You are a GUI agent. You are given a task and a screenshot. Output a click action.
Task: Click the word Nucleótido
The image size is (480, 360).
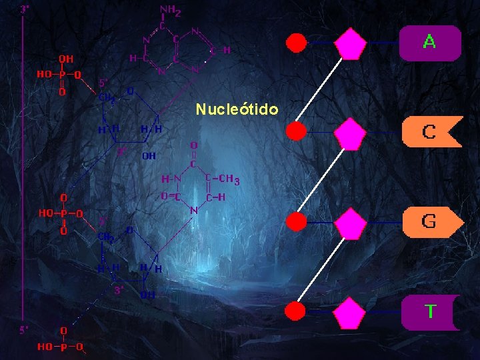point(237,109)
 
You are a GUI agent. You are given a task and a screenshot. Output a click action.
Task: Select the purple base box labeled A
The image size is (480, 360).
point(429,43)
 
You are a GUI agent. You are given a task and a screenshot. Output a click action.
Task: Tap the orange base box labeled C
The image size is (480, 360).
point(431,131)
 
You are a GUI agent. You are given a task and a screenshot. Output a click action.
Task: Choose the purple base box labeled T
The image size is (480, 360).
point(429,311)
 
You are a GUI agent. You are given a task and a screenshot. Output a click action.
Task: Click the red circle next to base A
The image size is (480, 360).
point(296,43)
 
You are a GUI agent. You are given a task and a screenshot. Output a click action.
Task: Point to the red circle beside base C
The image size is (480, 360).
point(296,131)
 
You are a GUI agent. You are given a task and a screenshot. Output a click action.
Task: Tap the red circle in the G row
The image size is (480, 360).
point(296,222)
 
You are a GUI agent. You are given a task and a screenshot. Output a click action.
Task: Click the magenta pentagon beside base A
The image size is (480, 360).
point(350,45)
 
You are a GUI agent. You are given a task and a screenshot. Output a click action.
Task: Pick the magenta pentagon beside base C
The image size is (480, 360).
point(350,134)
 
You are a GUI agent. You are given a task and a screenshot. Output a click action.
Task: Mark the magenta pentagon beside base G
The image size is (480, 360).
point(350,224)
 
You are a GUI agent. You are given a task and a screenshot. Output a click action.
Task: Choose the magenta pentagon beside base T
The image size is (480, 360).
point(350,314)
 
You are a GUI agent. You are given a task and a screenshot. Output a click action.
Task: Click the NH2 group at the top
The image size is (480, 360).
point(170,11)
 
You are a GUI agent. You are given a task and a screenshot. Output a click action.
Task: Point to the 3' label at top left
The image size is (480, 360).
point(25,9)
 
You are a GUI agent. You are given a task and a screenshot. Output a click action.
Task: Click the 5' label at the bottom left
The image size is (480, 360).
point(25,329)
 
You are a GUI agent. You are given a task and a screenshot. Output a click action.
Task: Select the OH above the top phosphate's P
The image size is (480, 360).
point(66,59)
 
